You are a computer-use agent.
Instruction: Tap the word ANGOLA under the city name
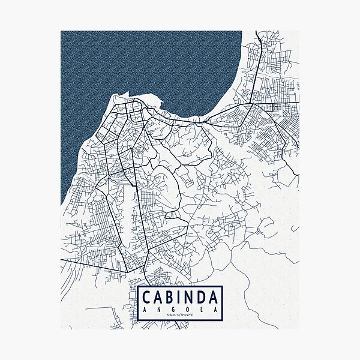[x=180, y=309]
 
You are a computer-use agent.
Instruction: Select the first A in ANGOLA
[x=146, y=309]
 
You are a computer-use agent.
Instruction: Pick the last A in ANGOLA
[x=213, y=309]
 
